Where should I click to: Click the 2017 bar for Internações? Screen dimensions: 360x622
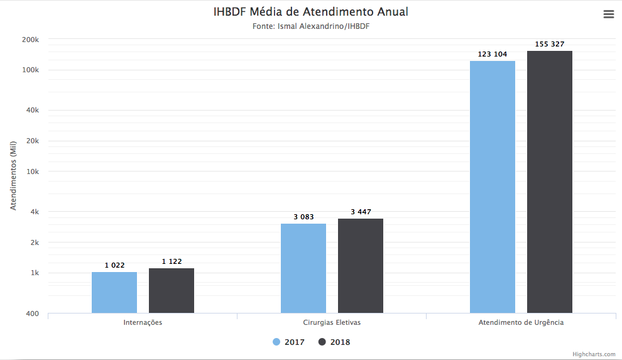click(114, 292)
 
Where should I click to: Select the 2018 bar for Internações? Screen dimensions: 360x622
click(172, 290)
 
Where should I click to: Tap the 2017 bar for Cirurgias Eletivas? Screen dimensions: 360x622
click(303, 268)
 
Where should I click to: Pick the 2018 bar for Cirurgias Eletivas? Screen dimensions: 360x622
click(361, 266)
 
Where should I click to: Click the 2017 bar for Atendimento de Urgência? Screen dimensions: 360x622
click(493, 187)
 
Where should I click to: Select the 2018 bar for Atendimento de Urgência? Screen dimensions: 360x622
click(550, 182)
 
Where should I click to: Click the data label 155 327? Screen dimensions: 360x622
click(550, 44)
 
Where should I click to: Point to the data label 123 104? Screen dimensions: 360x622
click(493, 54)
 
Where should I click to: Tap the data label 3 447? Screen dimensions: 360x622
click(361, 212)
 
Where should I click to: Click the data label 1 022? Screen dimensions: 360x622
click(114, 265)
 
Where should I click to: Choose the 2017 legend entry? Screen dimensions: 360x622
click(289, 342)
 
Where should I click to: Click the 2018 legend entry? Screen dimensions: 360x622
click(335, 342)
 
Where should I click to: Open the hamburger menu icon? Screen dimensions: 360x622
click(608, 14)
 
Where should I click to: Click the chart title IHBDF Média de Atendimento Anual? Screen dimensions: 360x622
click(311, 12)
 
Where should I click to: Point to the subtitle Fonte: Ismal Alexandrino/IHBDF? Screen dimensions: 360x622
click(311, 26)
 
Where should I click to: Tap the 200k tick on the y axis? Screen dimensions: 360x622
click(31, 40)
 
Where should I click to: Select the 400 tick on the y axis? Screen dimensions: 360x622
click(33, 314)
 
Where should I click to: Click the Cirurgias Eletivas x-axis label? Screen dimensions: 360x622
click(332, 322)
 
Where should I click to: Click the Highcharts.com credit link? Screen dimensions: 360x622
click(594, 354)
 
